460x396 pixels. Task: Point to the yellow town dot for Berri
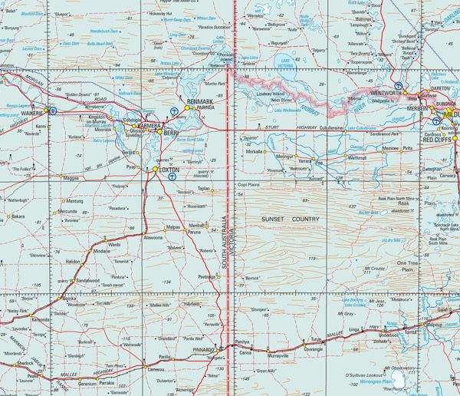(159, 132)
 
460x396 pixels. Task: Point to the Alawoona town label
(159, 238)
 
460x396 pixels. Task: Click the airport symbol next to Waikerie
(53, 110)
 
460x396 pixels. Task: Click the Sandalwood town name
(88, 281)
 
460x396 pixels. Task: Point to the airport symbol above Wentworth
(396, 85)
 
